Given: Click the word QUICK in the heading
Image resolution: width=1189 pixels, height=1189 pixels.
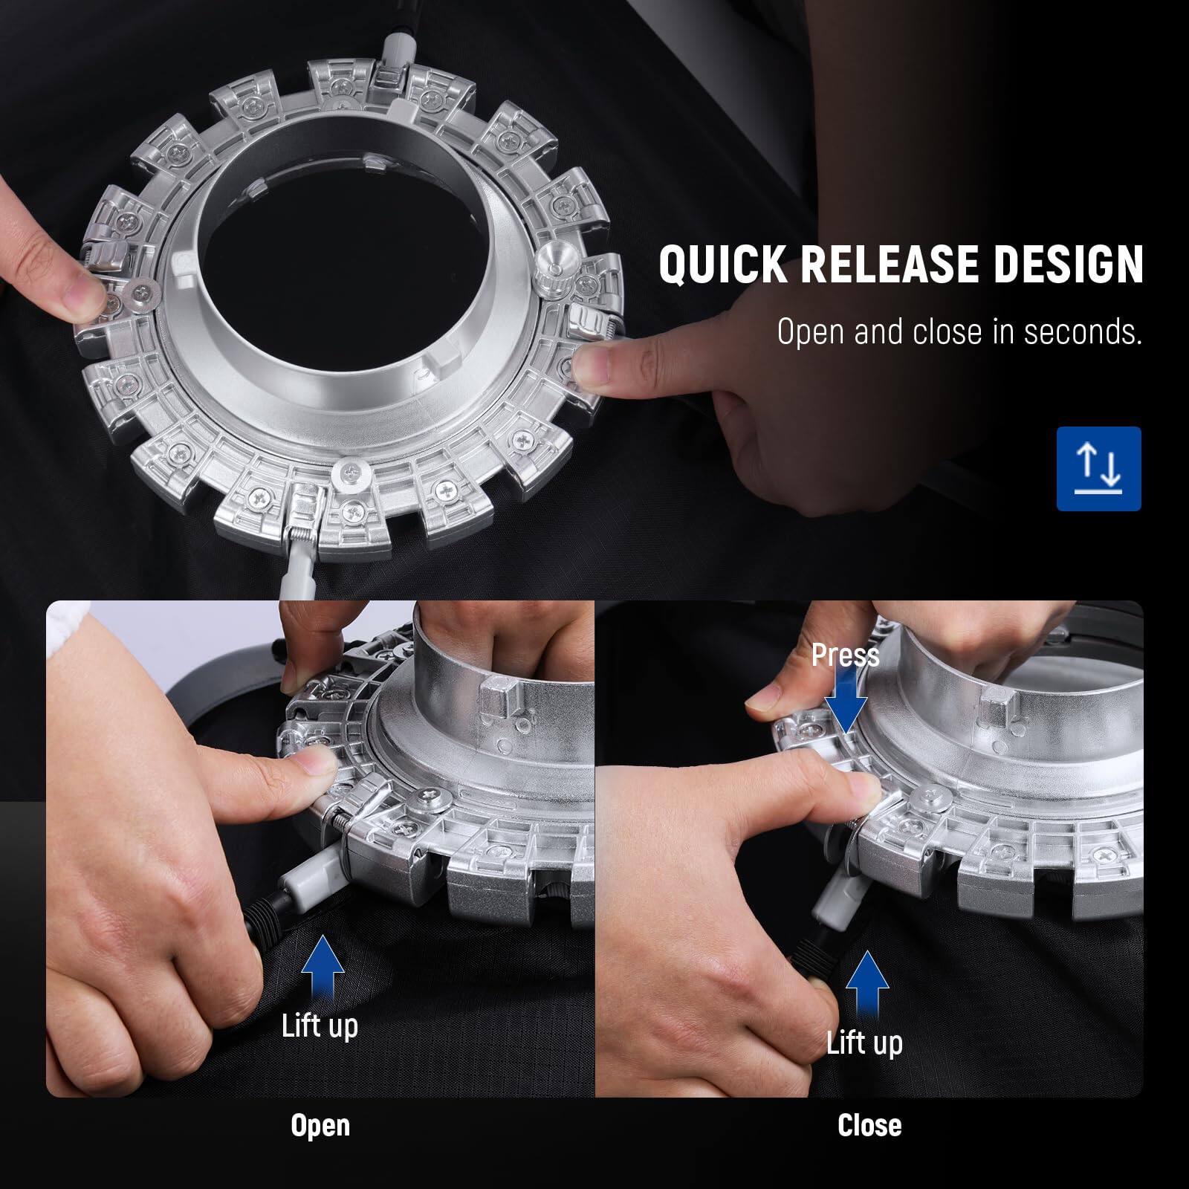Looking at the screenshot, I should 722,265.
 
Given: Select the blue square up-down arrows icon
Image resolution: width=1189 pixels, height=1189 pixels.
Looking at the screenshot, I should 1098,468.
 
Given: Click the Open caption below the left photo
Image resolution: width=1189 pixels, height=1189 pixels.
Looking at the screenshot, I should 320,1125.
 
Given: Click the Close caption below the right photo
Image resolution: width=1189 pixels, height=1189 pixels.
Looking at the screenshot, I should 869,1125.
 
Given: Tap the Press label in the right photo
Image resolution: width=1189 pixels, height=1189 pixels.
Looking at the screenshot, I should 845,655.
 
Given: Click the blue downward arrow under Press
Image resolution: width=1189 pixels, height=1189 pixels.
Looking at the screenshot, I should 846,704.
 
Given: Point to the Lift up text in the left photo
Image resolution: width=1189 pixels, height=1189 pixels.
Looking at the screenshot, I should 320,1026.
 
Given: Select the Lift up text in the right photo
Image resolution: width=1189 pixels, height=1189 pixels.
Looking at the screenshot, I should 864,1043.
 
